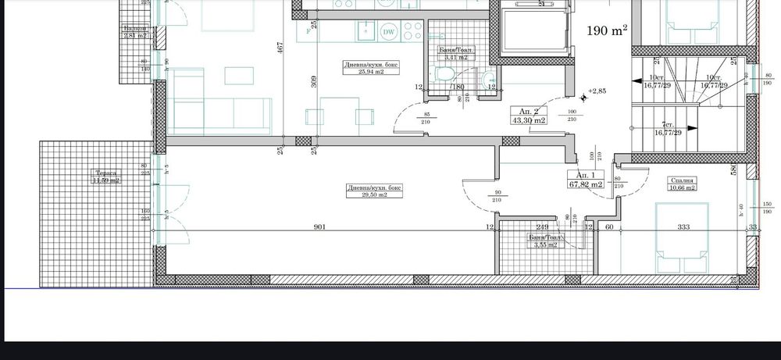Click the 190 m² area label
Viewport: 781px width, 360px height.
coord(608,31)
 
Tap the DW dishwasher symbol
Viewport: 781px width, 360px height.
coord(389,32)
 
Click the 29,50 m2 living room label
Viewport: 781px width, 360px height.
coord(369,191)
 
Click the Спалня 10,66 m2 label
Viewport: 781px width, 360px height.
coord(682,184)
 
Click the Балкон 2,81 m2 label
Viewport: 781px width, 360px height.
coord(134,32)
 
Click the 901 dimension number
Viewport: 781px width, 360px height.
coord(319,227)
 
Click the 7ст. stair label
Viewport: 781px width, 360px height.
coord(667,129)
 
